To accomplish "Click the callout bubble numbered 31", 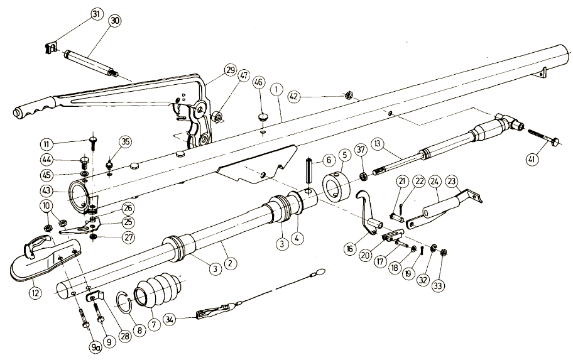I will [95, 14].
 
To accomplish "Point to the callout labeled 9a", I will [96, 346].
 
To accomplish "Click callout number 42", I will [294, 97].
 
